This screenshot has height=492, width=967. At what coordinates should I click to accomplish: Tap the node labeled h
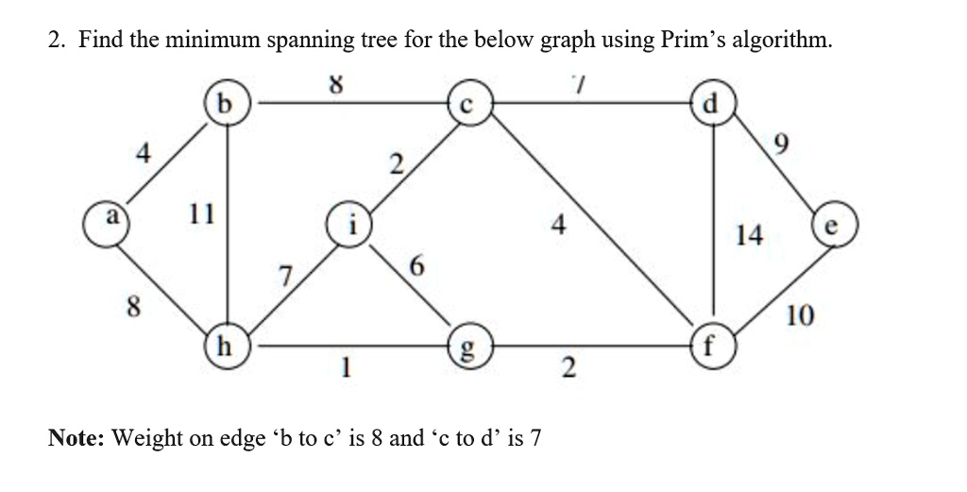pyautogui.click(x=228, y=346)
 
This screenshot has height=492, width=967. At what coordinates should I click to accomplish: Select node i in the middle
pyautogui.click(x=349, y=224)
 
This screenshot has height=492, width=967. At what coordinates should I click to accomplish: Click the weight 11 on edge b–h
pyautogui.click(x=202, y=214)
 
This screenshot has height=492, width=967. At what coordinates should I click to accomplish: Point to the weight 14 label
pyautogui.click(x=749, y=235)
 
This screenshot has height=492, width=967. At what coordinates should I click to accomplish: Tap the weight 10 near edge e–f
pyautogui.click(x=800, y=315)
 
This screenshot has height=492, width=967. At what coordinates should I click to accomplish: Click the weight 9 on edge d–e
pyautogui.click(x=780, y=144)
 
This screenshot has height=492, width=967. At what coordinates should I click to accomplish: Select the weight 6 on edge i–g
pyautogui.click(x=416, y=267)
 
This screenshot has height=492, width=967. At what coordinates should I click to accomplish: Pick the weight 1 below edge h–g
pyautogui.click(x=346, y=368)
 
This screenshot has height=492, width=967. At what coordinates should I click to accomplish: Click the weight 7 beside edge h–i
pyautogui.click(x=284, y=277)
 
